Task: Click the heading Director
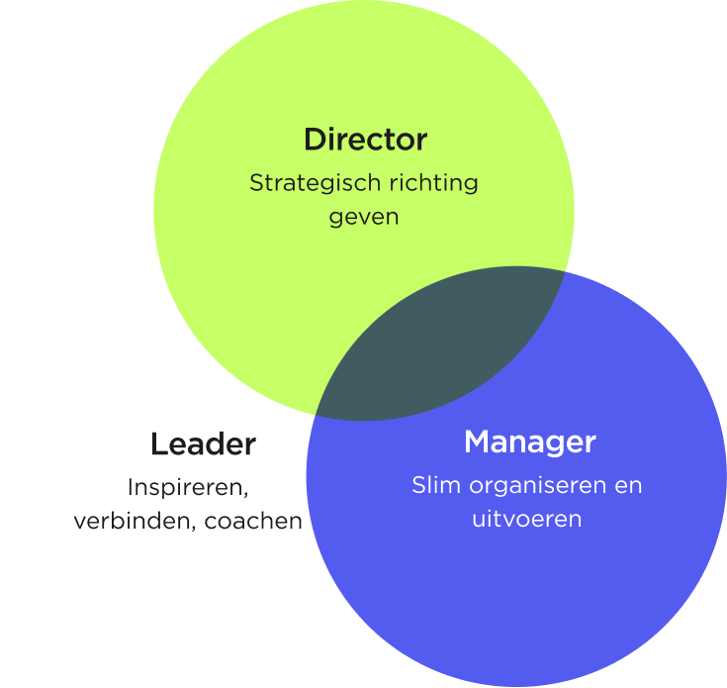coord(365,140)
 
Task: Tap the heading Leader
coord(203,444)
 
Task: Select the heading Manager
coord(529,442)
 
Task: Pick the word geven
coord(364,217)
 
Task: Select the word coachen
coord(253,522)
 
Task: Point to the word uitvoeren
coord(526,519)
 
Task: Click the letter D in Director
coord(315,140)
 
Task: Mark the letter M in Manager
coord(478,442)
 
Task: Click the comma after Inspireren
coord(243,494)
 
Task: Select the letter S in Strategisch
coord(255,184)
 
